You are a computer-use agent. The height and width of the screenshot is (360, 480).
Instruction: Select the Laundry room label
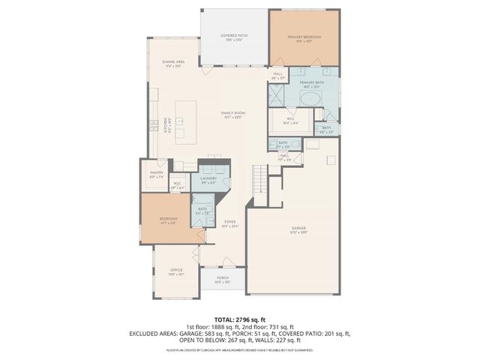point(208,178)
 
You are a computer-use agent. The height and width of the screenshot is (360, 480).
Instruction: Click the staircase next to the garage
point(260,180)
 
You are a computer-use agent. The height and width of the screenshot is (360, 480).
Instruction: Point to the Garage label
point(299,229)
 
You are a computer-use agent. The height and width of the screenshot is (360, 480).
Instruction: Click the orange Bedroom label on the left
point(168,219)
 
